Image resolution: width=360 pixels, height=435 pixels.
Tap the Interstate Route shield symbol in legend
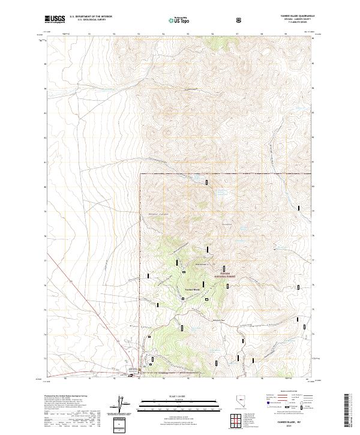coord(262,407)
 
